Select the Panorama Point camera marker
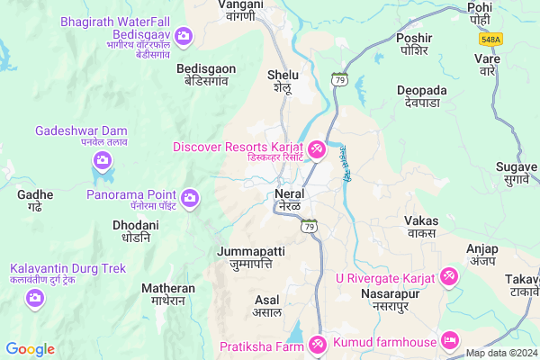(190, 196)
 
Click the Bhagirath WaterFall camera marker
(184, 36)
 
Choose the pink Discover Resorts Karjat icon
(317, 149)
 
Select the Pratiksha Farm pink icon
(317, 344)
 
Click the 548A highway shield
(490, 40)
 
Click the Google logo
(31, 349)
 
